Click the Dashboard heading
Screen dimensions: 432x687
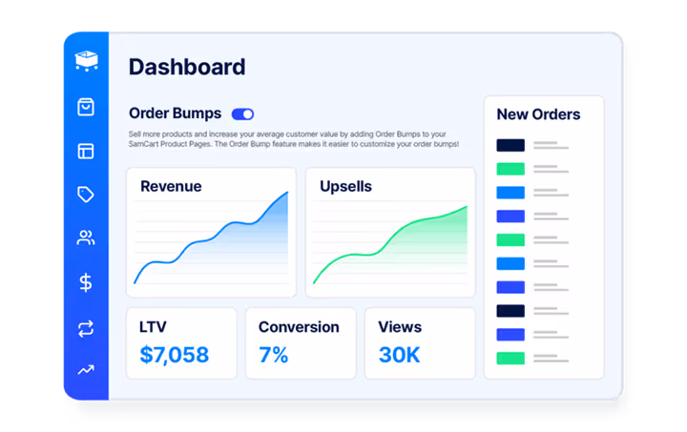[x=187, y=67]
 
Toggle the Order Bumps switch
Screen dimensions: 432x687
[x=242, y=113]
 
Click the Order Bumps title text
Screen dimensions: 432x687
[x=175, y=113]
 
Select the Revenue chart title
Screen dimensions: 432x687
[x=171, y=186]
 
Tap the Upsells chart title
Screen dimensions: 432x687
[x=345, y=186]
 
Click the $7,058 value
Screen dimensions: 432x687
[x=174, y=356]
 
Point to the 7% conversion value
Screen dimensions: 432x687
[x=274, y=356]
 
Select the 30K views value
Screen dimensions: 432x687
[x=400, y=356]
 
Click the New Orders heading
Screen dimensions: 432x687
[x=538, y=114]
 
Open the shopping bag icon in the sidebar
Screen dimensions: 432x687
[x=86, y=107]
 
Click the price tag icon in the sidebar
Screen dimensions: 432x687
[x=86, y=195]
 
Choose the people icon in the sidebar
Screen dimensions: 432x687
[x=86, y=238]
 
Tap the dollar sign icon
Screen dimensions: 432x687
[x=86, y=282]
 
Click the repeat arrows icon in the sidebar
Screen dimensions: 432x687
[x=86, y=328]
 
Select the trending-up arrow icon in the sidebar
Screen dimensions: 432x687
[x=86, y=370]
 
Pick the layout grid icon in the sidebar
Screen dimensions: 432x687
[x=86, y=151]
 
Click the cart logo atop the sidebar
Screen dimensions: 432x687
[x=86, y=60]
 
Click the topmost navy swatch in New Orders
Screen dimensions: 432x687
[x=510, y=146]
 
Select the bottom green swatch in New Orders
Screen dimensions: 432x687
[x=510, y=359]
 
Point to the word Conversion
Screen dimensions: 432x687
[x=299, y=327]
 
